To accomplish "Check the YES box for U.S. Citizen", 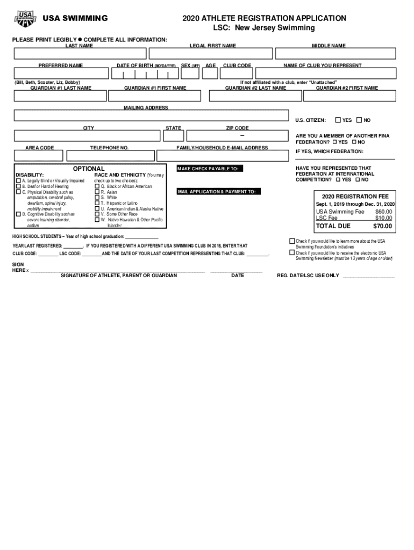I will coord(338,120).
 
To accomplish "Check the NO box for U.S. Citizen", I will coord(359,120).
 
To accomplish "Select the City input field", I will coord(88,136).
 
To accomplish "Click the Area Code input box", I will coord(39,156).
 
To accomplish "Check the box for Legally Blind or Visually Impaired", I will coord(18,181).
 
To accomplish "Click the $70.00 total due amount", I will coord(382,226).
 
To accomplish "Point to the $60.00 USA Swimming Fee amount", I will coord(383,212).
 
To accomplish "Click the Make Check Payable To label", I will coord(208,169).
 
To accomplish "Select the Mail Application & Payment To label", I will coord(219,192).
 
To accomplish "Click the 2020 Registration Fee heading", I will coord(355,197).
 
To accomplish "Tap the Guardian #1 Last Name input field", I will coord(60,96).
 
